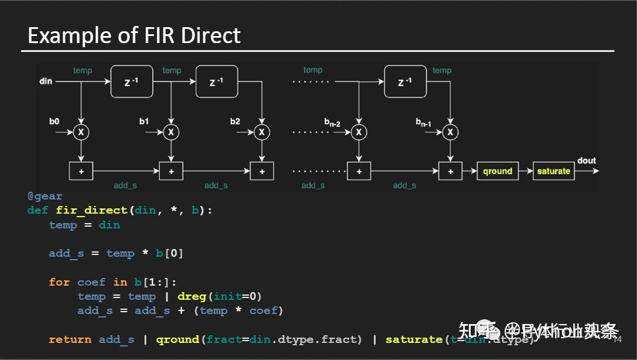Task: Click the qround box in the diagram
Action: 497,171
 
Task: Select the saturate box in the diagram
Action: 553,171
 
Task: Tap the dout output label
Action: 586,161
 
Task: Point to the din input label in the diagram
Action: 46,81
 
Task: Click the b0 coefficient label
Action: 54,121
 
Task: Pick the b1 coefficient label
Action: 144,121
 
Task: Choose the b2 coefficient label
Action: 235,121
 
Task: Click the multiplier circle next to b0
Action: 81,132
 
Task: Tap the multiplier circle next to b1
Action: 171,132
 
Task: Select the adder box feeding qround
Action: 451,171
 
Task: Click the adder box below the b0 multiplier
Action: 81,171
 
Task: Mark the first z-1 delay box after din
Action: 132,81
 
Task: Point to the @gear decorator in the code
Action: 44,196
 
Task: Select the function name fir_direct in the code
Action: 91,210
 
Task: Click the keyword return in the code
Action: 70,339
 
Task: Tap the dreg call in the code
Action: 192,296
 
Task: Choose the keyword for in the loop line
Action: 59,282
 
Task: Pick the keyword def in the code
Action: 37,210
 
